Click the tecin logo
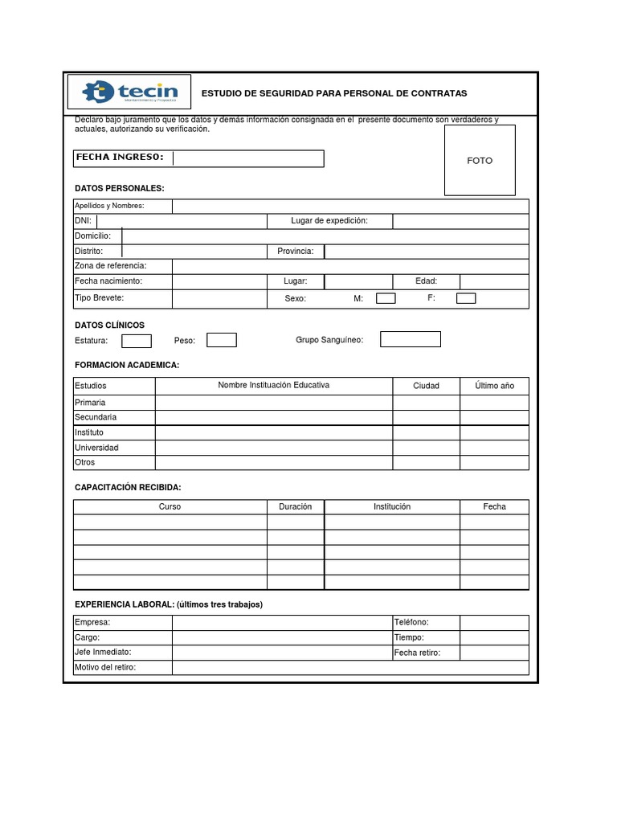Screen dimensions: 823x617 (129, 92)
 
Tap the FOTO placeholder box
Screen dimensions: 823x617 (480, 161)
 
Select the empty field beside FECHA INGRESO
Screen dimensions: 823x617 (248, 158)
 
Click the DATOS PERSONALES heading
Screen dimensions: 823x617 (119, 188)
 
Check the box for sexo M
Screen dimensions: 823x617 (386, 299)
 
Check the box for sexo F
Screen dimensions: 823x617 (466, 299)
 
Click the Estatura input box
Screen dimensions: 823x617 (137, 341)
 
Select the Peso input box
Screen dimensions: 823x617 (222, 340)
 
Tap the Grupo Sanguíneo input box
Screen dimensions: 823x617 (411, 339)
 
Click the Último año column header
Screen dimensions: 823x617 (494, 386)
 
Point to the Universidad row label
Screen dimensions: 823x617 (96, 448)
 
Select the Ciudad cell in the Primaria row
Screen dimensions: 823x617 (426, 403)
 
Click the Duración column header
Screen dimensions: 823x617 (295, 507)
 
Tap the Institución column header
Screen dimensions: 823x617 (392, 507)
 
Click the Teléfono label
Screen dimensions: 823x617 (411, 623)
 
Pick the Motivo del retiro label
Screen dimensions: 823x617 (105, 668)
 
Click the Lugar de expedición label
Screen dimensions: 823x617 (329, 221)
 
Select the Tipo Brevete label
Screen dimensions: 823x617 (100, 298)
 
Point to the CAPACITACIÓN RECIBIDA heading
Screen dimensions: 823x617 (128, 488)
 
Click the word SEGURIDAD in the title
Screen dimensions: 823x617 (284, 94)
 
